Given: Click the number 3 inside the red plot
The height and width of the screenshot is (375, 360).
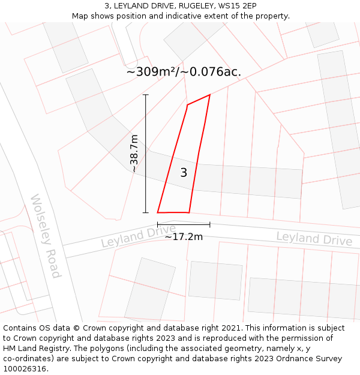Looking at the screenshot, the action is [184, 173].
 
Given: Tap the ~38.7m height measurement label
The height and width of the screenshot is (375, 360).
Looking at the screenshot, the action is [134, 154].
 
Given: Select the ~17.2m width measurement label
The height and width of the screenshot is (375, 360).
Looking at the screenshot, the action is [184, 236].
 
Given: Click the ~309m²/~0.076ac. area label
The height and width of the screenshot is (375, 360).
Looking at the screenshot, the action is [184, 72].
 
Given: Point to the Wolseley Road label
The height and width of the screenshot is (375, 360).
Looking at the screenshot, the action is [46, 236].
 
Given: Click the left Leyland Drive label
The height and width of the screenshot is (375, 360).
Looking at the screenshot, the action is [138, 236].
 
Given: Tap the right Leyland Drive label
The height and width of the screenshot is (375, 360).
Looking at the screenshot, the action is [314, 238].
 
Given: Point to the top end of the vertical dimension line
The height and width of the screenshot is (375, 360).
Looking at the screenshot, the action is [145, 95].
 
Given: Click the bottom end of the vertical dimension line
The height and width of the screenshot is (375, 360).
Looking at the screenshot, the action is [145, 212].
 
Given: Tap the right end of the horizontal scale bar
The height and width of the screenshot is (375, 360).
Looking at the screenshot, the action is [210, 224].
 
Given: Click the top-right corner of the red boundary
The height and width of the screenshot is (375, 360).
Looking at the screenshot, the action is [210, 95].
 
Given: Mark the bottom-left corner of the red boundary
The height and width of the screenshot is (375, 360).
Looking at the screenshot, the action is [158, 212].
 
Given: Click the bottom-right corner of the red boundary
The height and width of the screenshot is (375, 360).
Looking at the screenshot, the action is [189, 212].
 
